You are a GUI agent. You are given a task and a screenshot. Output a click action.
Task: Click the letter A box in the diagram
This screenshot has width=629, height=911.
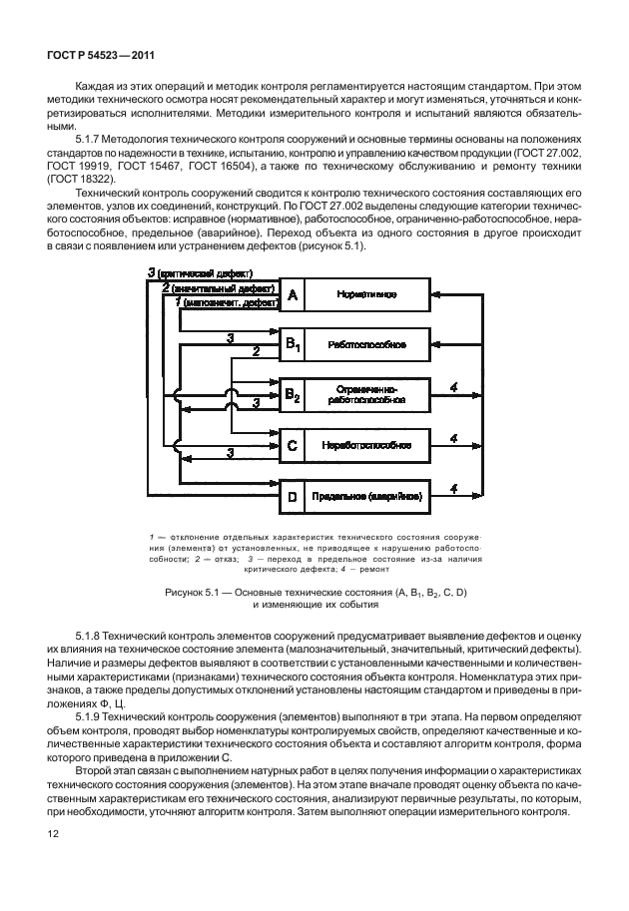click(293, 295)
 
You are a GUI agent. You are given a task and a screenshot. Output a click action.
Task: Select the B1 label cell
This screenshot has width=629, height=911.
click(293, 344)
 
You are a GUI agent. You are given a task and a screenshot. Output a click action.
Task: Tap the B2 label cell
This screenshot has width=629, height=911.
click(293, 397)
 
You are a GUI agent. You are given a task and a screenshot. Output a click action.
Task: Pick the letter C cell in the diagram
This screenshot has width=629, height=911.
click(293, 445)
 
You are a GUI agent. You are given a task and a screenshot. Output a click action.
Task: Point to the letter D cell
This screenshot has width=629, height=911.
click(293, 496)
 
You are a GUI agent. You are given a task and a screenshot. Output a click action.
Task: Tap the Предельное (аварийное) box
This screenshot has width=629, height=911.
click(366, 496)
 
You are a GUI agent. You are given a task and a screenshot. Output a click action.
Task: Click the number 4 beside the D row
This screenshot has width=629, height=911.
click(454, 487)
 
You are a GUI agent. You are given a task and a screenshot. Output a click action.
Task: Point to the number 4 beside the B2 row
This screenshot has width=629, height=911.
click(454, 387)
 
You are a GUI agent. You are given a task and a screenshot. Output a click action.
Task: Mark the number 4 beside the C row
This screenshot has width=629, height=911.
click(454, 437)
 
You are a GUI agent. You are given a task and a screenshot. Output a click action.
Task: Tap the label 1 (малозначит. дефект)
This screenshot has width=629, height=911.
click(227, 300)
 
